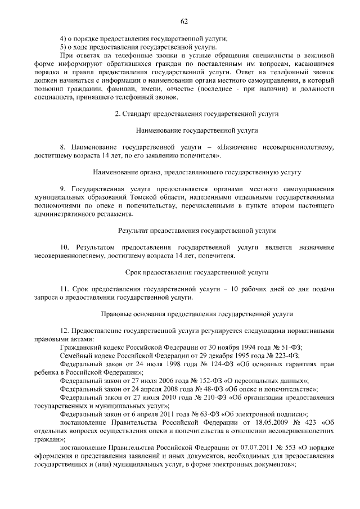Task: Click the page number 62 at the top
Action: tap(183, 21)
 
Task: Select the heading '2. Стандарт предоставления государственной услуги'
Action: tap(197, 114)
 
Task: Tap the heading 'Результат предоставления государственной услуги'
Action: tap(197, 231)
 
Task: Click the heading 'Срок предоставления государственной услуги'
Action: tap(197, 272)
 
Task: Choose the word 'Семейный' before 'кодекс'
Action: tap(74, 355)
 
